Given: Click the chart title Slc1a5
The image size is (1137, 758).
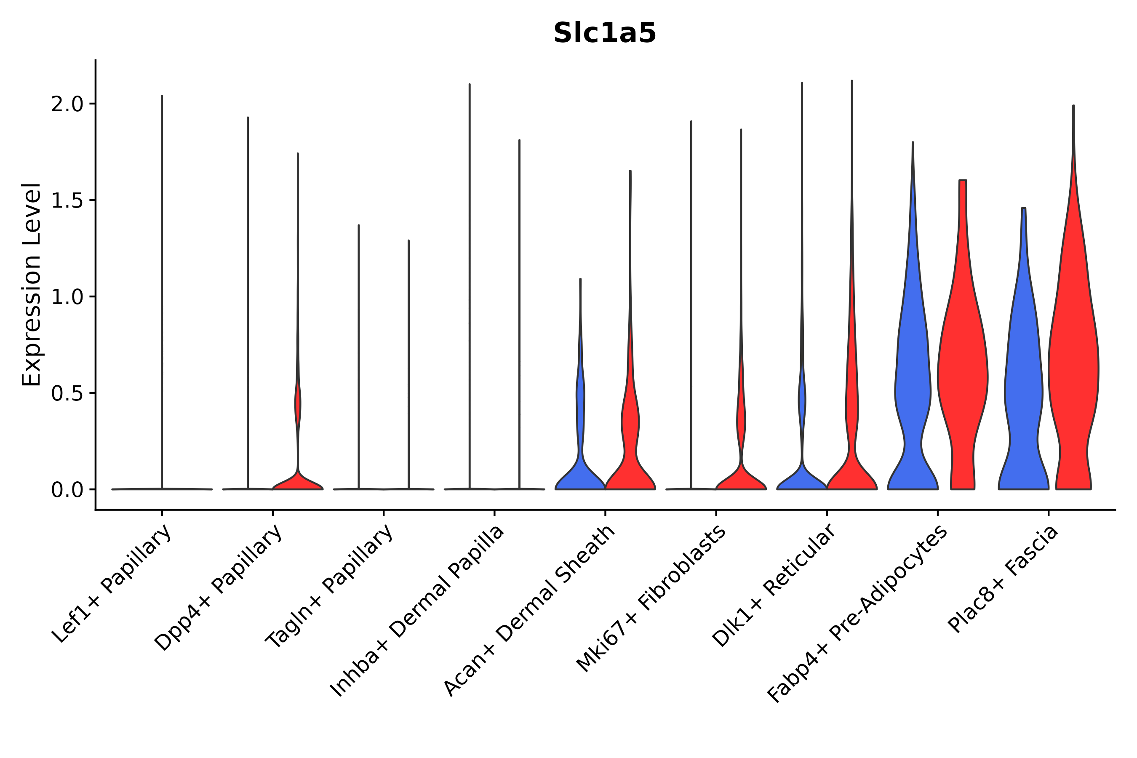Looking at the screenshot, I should click(604, 33).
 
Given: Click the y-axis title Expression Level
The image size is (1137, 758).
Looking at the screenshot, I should click(32, 284).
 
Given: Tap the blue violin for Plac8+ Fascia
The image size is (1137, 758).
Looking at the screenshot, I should click(1023, 387).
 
